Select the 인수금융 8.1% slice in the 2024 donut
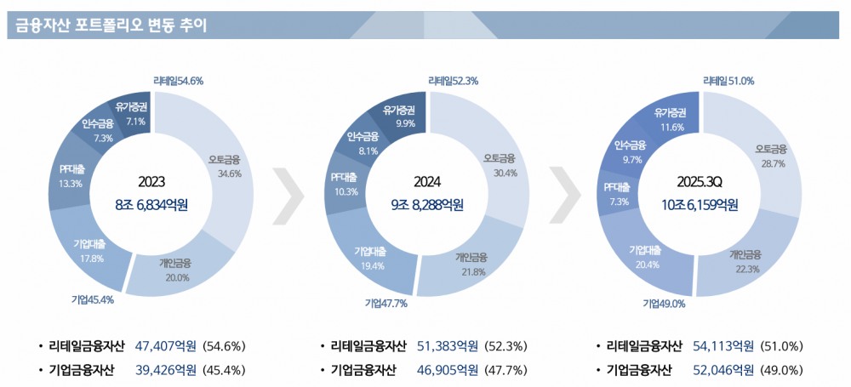click(363, 142)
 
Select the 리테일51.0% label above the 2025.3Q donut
click(728, 82)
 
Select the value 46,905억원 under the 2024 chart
click(448, 370)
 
